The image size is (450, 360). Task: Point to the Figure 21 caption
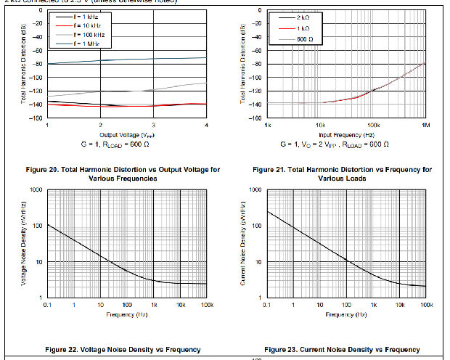tap(343, 173)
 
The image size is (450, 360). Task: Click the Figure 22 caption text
tap(128, 350)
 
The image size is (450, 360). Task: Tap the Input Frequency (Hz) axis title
tap(345, 135)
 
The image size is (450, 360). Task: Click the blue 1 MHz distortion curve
tap(128, 60)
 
